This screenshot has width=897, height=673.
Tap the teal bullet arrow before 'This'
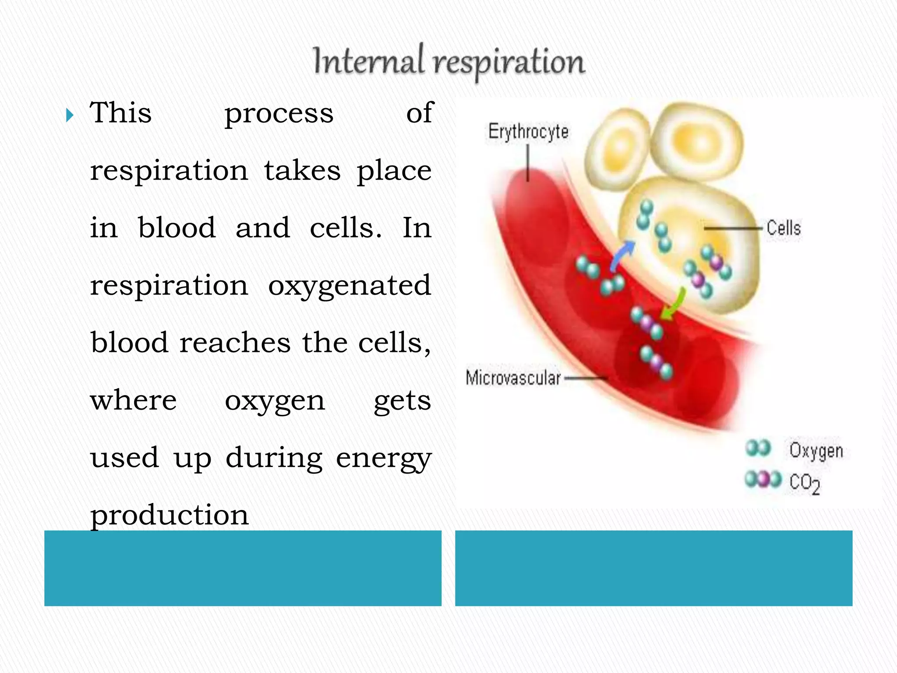pyautogui.click(x=70, y=115)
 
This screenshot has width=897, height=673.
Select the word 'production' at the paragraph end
pyautogui.click(x=170, y=515)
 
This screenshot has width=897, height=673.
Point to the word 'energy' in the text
pyautogui.click(x=384, y=458)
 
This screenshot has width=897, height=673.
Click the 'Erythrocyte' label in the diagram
pyautogui.click(x=528, y=131)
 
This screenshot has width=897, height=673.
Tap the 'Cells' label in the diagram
pyautogui.click(x=784, y=228)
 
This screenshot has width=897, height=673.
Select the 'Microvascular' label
pyautogui.click(x=513, y=378)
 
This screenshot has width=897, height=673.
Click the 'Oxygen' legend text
pyautogui.click(x=816, y=451)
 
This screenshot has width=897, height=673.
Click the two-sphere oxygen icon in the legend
pyautogui.click(x=758, y=448)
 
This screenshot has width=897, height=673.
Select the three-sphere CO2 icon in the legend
pyautogui.click(x=763, y=479)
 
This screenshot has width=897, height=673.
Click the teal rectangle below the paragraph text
pyautogui.click(x=243, y=568)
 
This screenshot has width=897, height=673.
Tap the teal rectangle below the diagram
pyautogui.click(x=653, y=568)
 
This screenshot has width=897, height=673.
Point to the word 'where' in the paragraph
pyautogui.click(x=133, y=400)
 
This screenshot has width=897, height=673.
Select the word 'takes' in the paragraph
pyautogui.click(x=302, y=171)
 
